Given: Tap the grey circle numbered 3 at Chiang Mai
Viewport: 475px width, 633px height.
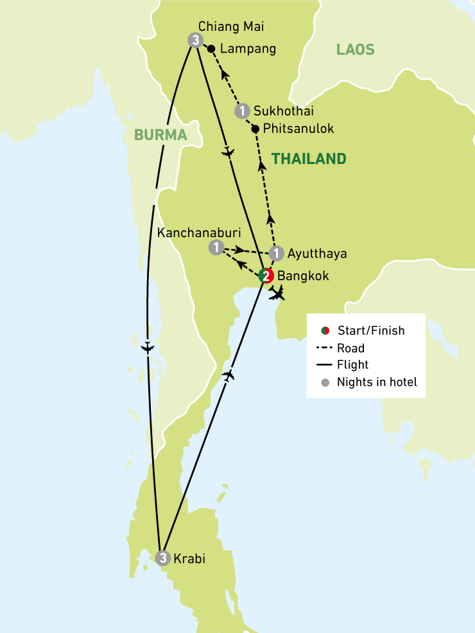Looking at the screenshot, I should click(x=194, y=40).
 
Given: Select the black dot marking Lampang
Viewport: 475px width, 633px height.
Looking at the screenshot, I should click(x=211, y=48).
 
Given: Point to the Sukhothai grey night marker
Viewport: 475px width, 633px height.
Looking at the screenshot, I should click(x=241, y=111).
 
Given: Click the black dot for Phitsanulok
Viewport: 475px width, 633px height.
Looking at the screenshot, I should click(x=255, y=129).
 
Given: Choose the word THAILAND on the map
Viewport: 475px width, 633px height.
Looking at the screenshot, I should click(x=309, y=159).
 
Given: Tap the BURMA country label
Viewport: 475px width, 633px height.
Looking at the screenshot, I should click(x=160, y=135).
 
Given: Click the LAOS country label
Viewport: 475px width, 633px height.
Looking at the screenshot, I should click(x=355, y=49).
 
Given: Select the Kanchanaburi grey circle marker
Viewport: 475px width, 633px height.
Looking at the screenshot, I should click(x=217, y=247).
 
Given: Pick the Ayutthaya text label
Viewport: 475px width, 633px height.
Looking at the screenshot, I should click(x=317, y=253).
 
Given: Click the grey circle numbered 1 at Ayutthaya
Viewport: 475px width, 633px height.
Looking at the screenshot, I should click(x=276, y=253).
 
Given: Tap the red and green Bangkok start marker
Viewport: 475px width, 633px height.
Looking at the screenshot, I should click(x=266, y=276).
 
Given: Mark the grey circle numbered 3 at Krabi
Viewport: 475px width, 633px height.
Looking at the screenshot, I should click(x=163, y=558).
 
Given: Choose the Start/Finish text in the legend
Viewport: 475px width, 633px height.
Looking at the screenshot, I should click(x=371, y=331).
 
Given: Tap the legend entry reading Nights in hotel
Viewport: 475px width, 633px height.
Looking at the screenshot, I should click(x=377, y=382).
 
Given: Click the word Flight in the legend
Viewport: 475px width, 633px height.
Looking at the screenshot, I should click(x=352, y=365).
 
